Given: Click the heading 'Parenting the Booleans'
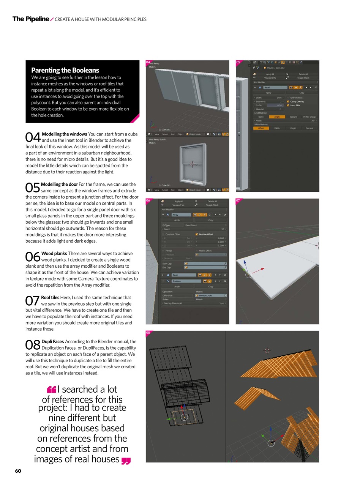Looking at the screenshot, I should (x=65, y=70).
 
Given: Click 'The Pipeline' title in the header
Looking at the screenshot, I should (x=31, y=19).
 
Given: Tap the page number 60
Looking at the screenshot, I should (x=18, y=471).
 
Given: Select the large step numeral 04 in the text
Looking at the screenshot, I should (x=33, y=137).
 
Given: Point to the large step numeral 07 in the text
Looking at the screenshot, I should (x=32, y=301).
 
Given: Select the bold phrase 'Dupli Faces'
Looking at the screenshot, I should (x=53, y=341).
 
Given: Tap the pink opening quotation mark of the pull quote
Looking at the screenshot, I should (x=51, y=390).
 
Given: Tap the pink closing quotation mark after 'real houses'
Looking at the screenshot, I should (x=126, y=461).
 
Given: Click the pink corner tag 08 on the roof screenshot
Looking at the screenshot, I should (x=148, y=333).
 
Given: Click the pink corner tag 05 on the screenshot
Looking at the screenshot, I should (x=238, y=62).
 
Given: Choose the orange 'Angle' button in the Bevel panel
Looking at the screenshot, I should (x=277, y=117).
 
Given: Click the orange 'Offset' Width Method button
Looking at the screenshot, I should (x=261, y=128).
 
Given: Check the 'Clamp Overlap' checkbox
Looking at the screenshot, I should (x=288, y=102).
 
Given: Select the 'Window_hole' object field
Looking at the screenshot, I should (x=211, y=295).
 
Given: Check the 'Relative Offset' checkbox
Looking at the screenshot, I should (x=197, y=234).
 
